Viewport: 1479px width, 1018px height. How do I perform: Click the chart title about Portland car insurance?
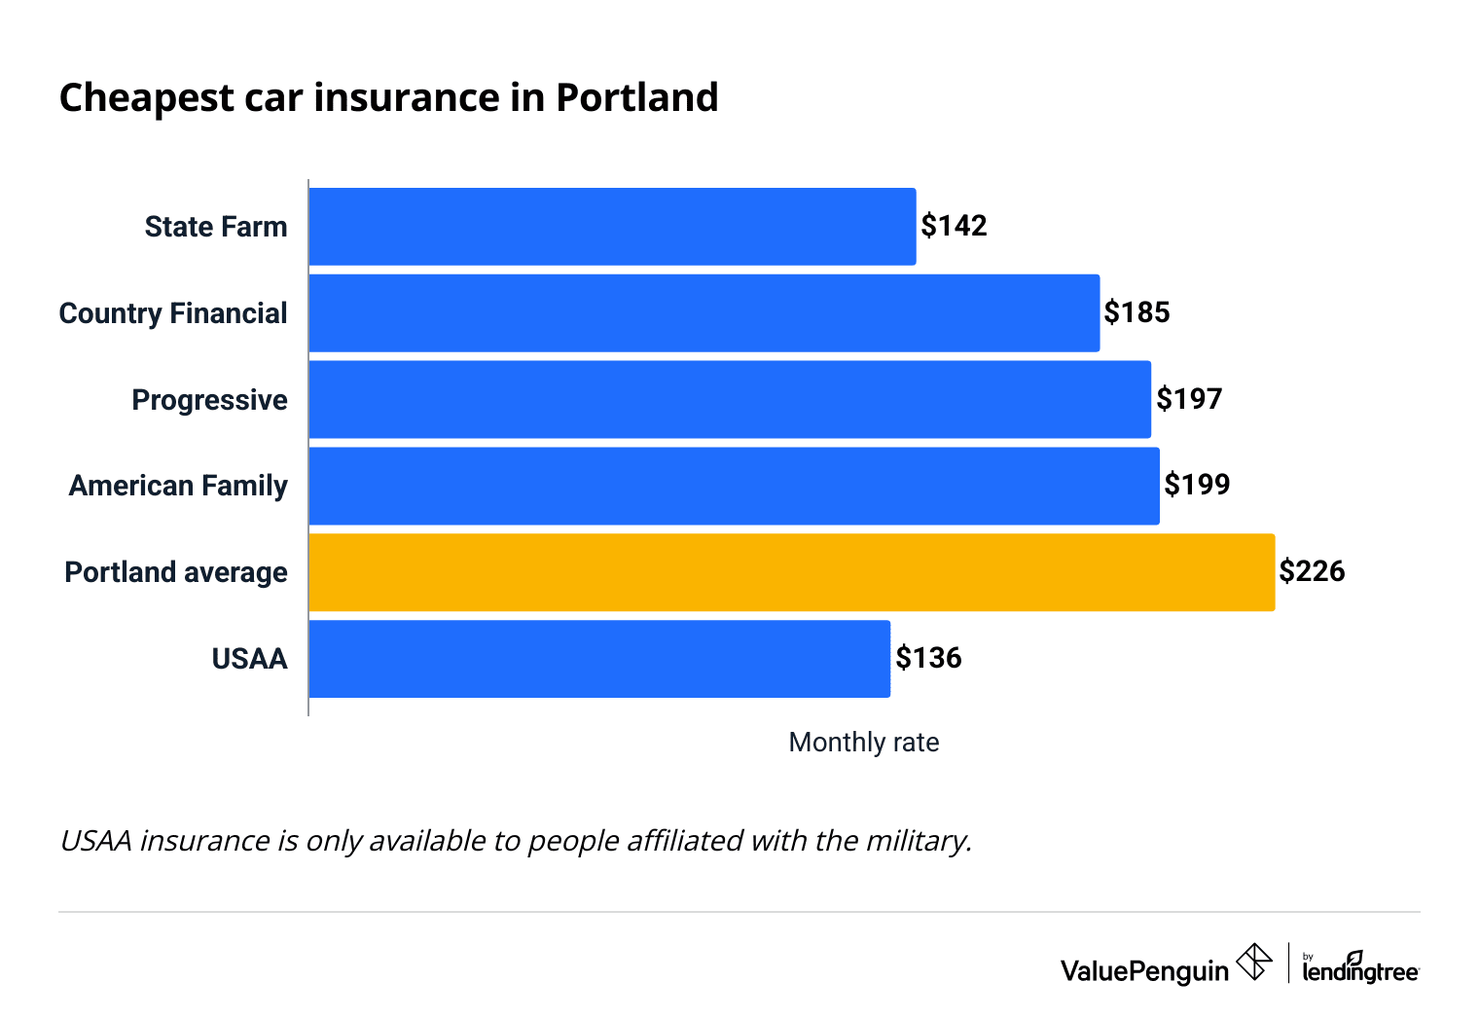(388, 98)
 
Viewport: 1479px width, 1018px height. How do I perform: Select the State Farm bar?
(612, 227)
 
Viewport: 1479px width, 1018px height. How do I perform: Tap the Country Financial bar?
(703, 313)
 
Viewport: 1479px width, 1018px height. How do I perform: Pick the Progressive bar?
(730, 399)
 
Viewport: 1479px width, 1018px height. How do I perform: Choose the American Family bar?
(734, 486)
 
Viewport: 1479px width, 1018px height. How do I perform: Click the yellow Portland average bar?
(791, 572)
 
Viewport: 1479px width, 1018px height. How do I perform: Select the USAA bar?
(599, 659)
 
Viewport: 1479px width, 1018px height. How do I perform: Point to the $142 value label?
(954, 226)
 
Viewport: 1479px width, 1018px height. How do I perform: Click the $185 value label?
(1136, 312)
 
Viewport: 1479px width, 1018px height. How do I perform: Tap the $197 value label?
(1188, 399)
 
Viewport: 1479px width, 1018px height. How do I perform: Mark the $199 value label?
(1197, 485)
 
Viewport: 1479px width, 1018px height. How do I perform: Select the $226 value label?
(1312, 571)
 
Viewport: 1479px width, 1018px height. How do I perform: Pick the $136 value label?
(928, 658)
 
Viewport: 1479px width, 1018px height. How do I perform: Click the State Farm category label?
(216, 227)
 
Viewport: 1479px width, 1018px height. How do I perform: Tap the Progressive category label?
(209, 400)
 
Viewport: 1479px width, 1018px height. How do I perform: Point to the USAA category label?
(249, 659)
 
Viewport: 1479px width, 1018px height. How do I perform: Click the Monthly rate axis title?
(863, 743)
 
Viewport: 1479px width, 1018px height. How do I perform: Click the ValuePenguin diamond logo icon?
(1253, 963)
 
